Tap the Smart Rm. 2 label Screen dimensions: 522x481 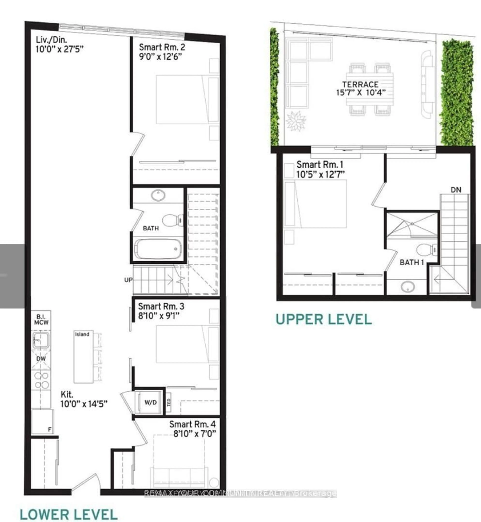tap(162, 47)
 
